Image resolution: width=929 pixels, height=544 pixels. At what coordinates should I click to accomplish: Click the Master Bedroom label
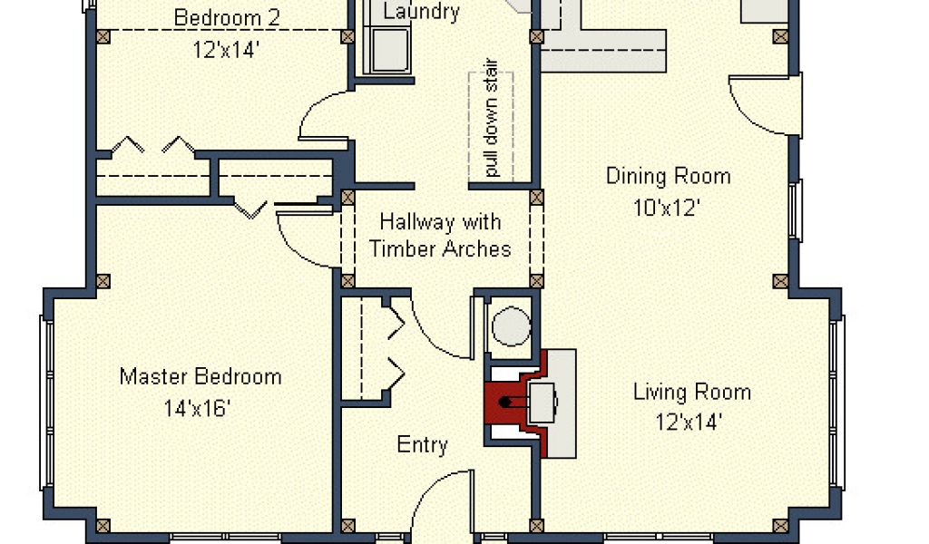tap(200, 377)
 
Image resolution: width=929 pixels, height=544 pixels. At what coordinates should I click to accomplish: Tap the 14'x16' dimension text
tap(197, 408)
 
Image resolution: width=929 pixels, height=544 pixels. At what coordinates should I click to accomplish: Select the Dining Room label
tap(669, 177)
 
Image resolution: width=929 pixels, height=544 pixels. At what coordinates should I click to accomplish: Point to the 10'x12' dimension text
tap(667, 208)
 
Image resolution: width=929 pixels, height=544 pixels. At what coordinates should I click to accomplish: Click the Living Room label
tap(692, 392)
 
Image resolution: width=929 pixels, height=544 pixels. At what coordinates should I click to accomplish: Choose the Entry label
tap(422, 444)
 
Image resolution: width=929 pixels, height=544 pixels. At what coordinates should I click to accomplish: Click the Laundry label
tap(421, 12)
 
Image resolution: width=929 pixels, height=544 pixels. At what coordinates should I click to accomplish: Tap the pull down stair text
tap(491, 118)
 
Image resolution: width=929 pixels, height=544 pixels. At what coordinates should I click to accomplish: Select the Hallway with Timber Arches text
tap(440, 236)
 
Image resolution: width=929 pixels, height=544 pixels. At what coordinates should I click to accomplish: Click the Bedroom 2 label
tap(226, 18)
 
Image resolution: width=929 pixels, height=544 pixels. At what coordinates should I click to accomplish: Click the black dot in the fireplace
tap(504, 402)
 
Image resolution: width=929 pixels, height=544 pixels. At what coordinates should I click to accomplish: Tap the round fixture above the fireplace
tap(512, 326)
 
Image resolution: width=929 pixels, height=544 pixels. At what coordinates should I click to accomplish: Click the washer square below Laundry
tap(389, 50)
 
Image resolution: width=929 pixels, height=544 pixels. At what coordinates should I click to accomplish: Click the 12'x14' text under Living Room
tap(689, 423)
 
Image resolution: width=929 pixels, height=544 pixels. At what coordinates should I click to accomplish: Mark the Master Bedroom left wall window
tap(46, 403)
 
